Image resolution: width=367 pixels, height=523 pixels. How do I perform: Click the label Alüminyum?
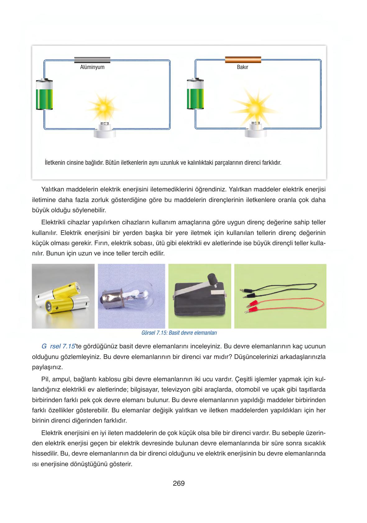click(92, 67)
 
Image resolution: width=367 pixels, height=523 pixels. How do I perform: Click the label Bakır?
click(242, 67)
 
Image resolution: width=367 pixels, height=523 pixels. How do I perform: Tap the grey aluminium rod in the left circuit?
click(92, 60)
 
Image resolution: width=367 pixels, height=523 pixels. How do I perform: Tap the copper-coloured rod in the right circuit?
click(243, 60)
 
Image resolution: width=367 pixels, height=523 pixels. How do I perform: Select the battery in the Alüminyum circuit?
click(44, 95)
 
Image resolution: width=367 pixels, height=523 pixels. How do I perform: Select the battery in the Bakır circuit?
click(195, 95)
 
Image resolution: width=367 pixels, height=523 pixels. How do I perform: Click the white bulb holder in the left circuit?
click(105, 132)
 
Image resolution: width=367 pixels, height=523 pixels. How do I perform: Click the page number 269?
click(179, 484)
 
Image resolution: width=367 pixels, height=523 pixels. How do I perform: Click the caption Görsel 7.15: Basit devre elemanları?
click(179, 333)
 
